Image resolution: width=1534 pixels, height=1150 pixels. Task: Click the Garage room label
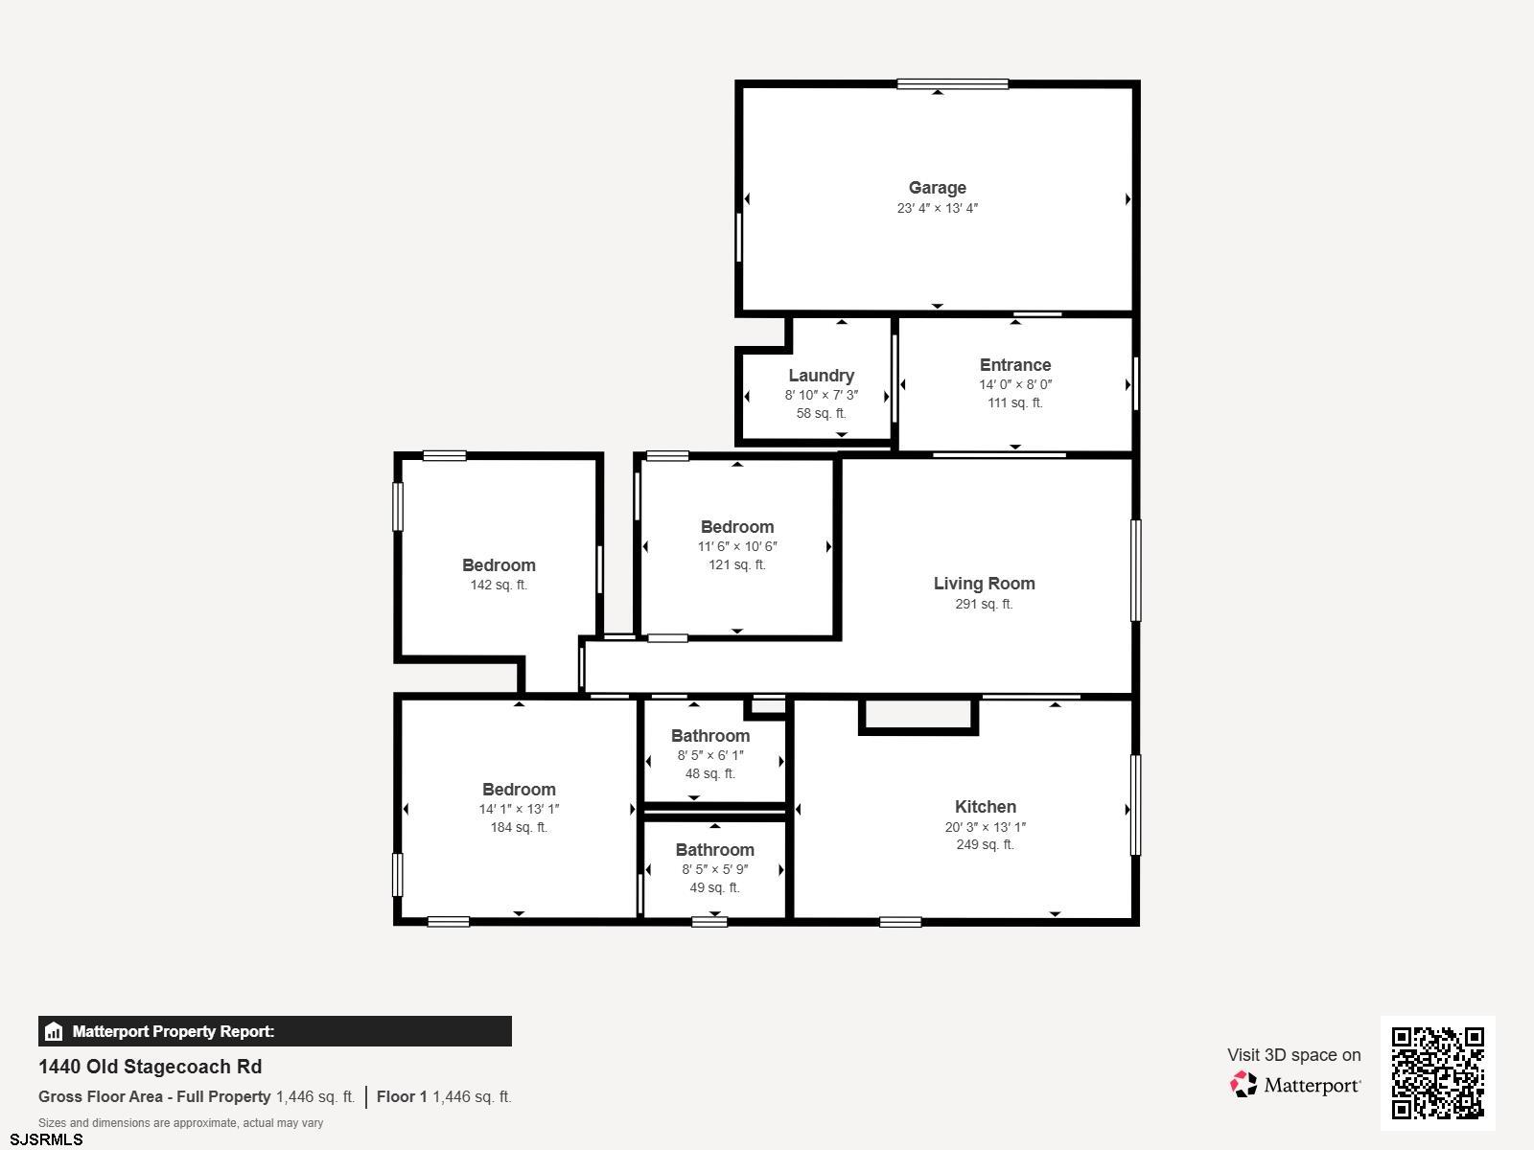click(937, 188)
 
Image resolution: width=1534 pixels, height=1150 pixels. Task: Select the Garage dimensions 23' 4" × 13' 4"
click(937, 208)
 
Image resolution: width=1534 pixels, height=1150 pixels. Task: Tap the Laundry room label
click(821, 376)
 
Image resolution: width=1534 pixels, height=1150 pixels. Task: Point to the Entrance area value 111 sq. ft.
click(1014, 402)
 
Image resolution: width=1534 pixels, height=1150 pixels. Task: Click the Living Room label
click(984, 584)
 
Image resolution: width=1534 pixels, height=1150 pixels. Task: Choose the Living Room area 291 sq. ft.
click(984, 604)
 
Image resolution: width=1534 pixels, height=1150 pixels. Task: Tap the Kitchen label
click(986, 807)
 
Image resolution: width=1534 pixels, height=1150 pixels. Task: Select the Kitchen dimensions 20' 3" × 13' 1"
click(986, 827)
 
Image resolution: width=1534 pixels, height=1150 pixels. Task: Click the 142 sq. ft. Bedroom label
click(499, 565)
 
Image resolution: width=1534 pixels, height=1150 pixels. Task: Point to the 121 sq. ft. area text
click(736, 564)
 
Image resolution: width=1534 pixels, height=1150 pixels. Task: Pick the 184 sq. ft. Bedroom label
click(519, 790)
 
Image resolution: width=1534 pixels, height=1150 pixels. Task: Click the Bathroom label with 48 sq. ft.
click(710, 736)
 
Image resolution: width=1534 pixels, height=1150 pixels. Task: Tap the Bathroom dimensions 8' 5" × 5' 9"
click(715, 869)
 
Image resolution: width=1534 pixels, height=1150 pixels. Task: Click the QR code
click(1437, 1073)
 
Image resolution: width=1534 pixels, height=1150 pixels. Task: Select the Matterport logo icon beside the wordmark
click(1243, 1085)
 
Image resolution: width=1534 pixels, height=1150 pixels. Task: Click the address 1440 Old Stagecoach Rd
click(150, 1067)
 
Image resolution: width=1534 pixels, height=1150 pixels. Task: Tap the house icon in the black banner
click(54, 1031)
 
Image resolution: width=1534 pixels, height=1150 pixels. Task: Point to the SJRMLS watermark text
click(46, 1139)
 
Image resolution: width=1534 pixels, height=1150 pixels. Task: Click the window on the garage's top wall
click(953, 84)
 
